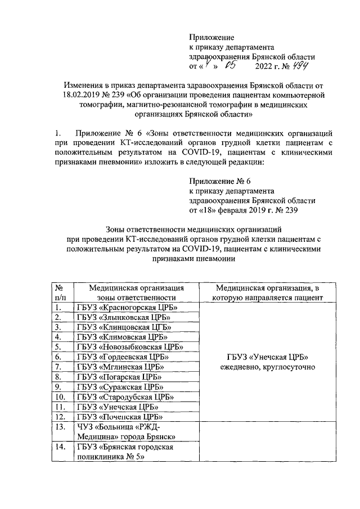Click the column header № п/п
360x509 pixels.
[61, 292]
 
